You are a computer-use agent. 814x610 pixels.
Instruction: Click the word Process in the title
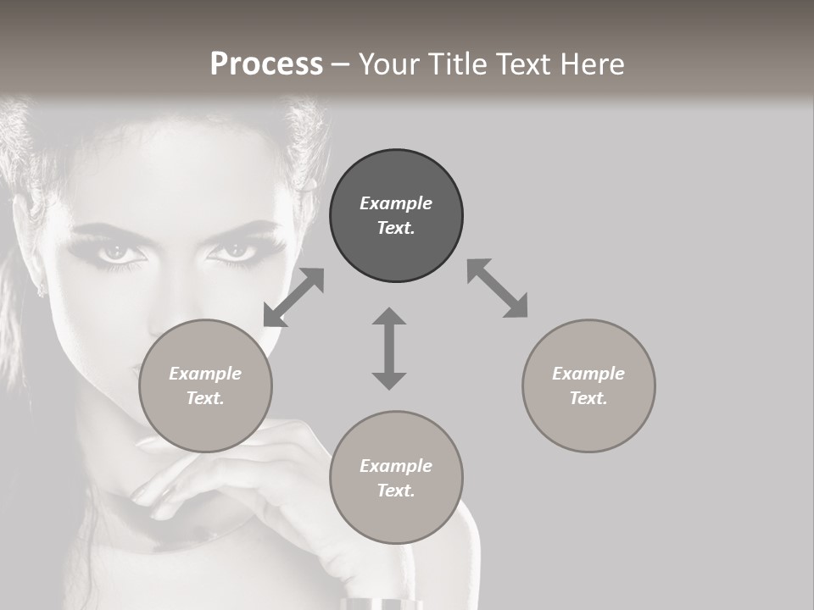(266, 64)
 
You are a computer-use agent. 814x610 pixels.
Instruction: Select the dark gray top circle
(396, 215)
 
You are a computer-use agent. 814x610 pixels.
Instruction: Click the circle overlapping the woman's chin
(205, 385)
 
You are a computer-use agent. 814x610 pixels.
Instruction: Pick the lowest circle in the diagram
(396, 478)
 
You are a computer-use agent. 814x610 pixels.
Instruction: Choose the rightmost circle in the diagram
(588, 385)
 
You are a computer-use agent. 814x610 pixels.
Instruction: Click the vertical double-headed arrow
(389, 348)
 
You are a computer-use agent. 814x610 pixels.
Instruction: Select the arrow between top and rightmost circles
(497, 288)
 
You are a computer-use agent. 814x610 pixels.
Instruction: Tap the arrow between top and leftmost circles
(293, 297)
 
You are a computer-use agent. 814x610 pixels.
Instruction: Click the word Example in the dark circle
(396, 203)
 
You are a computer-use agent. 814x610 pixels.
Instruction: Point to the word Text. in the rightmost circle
(588, 398)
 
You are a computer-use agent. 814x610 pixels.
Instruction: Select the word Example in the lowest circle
(396, 466)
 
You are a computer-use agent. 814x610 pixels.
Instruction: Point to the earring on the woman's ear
(39, 291)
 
